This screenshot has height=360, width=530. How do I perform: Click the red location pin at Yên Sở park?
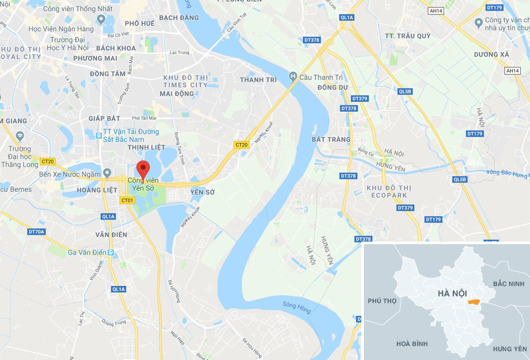pos(143,169)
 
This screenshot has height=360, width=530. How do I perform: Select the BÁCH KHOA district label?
pos(116,48)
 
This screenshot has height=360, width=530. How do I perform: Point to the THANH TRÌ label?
pos(258,80)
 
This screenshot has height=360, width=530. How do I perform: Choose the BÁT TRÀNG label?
pos(331,139)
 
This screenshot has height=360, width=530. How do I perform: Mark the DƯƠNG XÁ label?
pos(492,55)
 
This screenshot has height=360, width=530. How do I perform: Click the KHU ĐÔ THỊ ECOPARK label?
pos(387,191)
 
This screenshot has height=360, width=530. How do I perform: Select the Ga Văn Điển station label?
pos(87,252)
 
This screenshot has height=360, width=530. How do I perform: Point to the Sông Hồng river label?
pos(297,308)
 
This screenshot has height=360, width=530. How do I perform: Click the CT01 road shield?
pos(127,200)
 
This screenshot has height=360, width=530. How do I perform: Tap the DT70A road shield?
pos(37,232)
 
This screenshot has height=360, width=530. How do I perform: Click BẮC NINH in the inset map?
pos(508,284)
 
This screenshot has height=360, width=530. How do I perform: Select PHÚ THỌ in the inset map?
pos(381,301)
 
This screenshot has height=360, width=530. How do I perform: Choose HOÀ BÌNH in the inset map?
pos(413,343)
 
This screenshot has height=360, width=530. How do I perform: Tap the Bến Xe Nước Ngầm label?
pos(69,174)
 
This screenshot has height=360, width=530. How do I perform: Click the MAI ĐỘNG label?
pos(177,94)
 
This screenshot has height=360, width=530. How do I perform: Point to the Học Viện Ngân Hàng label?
pos(61,29)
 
